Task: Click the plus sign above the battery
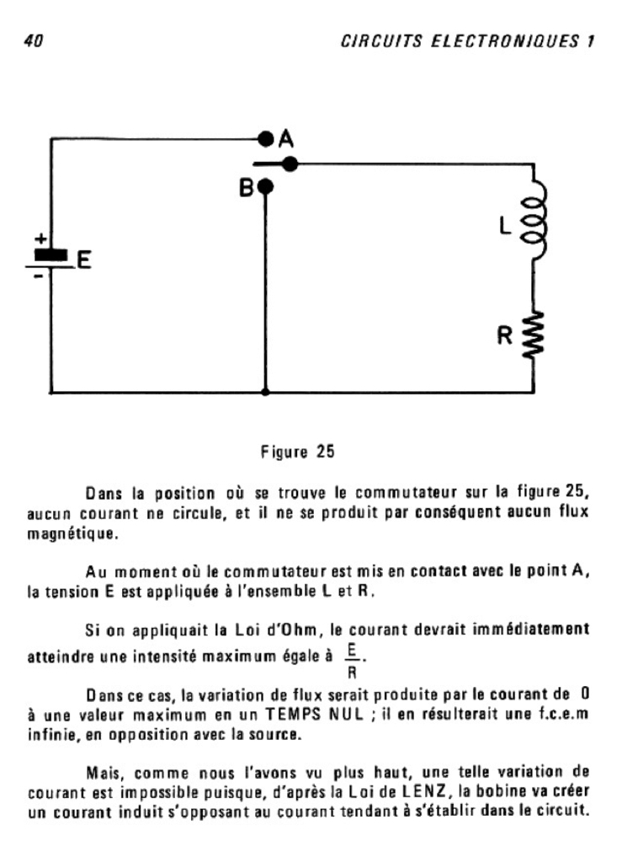pos(38,239)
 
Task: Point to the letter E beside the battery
pos(82,261)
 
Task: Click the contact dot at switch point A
pos(266,137)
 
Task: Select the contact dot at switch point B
pos(266,186)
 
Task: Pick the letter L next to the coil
pos(504,226)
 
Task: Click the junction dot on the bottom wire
pos(266,392)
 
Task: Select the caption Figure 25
pos(300,453)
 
